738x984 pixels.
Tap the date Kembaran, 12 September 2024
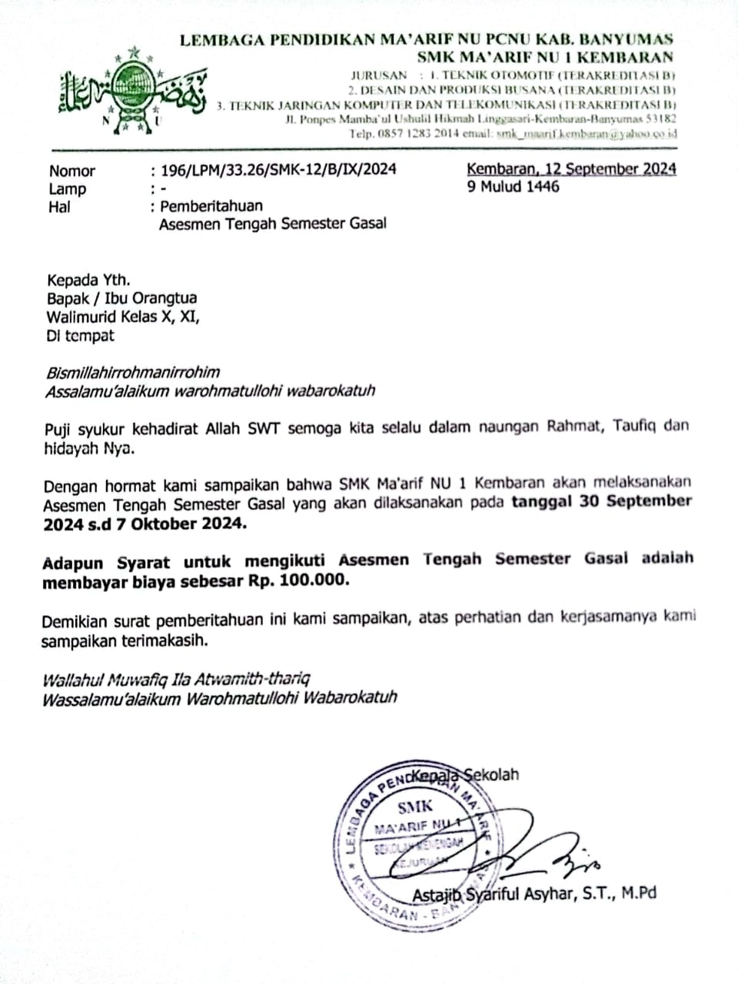tap(572, 169)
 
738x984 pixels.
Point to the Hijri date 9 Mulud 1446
tap(514, 187)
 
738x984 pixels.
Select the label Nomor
tap(72, 171)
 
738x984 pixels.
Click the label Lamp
tap(68, 188)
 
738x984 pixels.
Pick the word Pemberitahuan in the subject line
tap(211, 206)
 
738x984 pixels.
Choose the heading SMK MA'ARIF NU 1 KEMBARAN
tap(545, 57)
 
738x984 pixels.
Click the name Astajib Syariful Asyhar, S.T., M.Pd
tap(534, 894)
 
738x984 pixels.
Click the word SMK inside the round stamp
tap(415, 807)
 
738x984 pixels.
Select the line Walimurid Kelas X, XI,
tap(123, 317)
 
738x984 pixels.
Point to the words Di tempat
tap(81, 336)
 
